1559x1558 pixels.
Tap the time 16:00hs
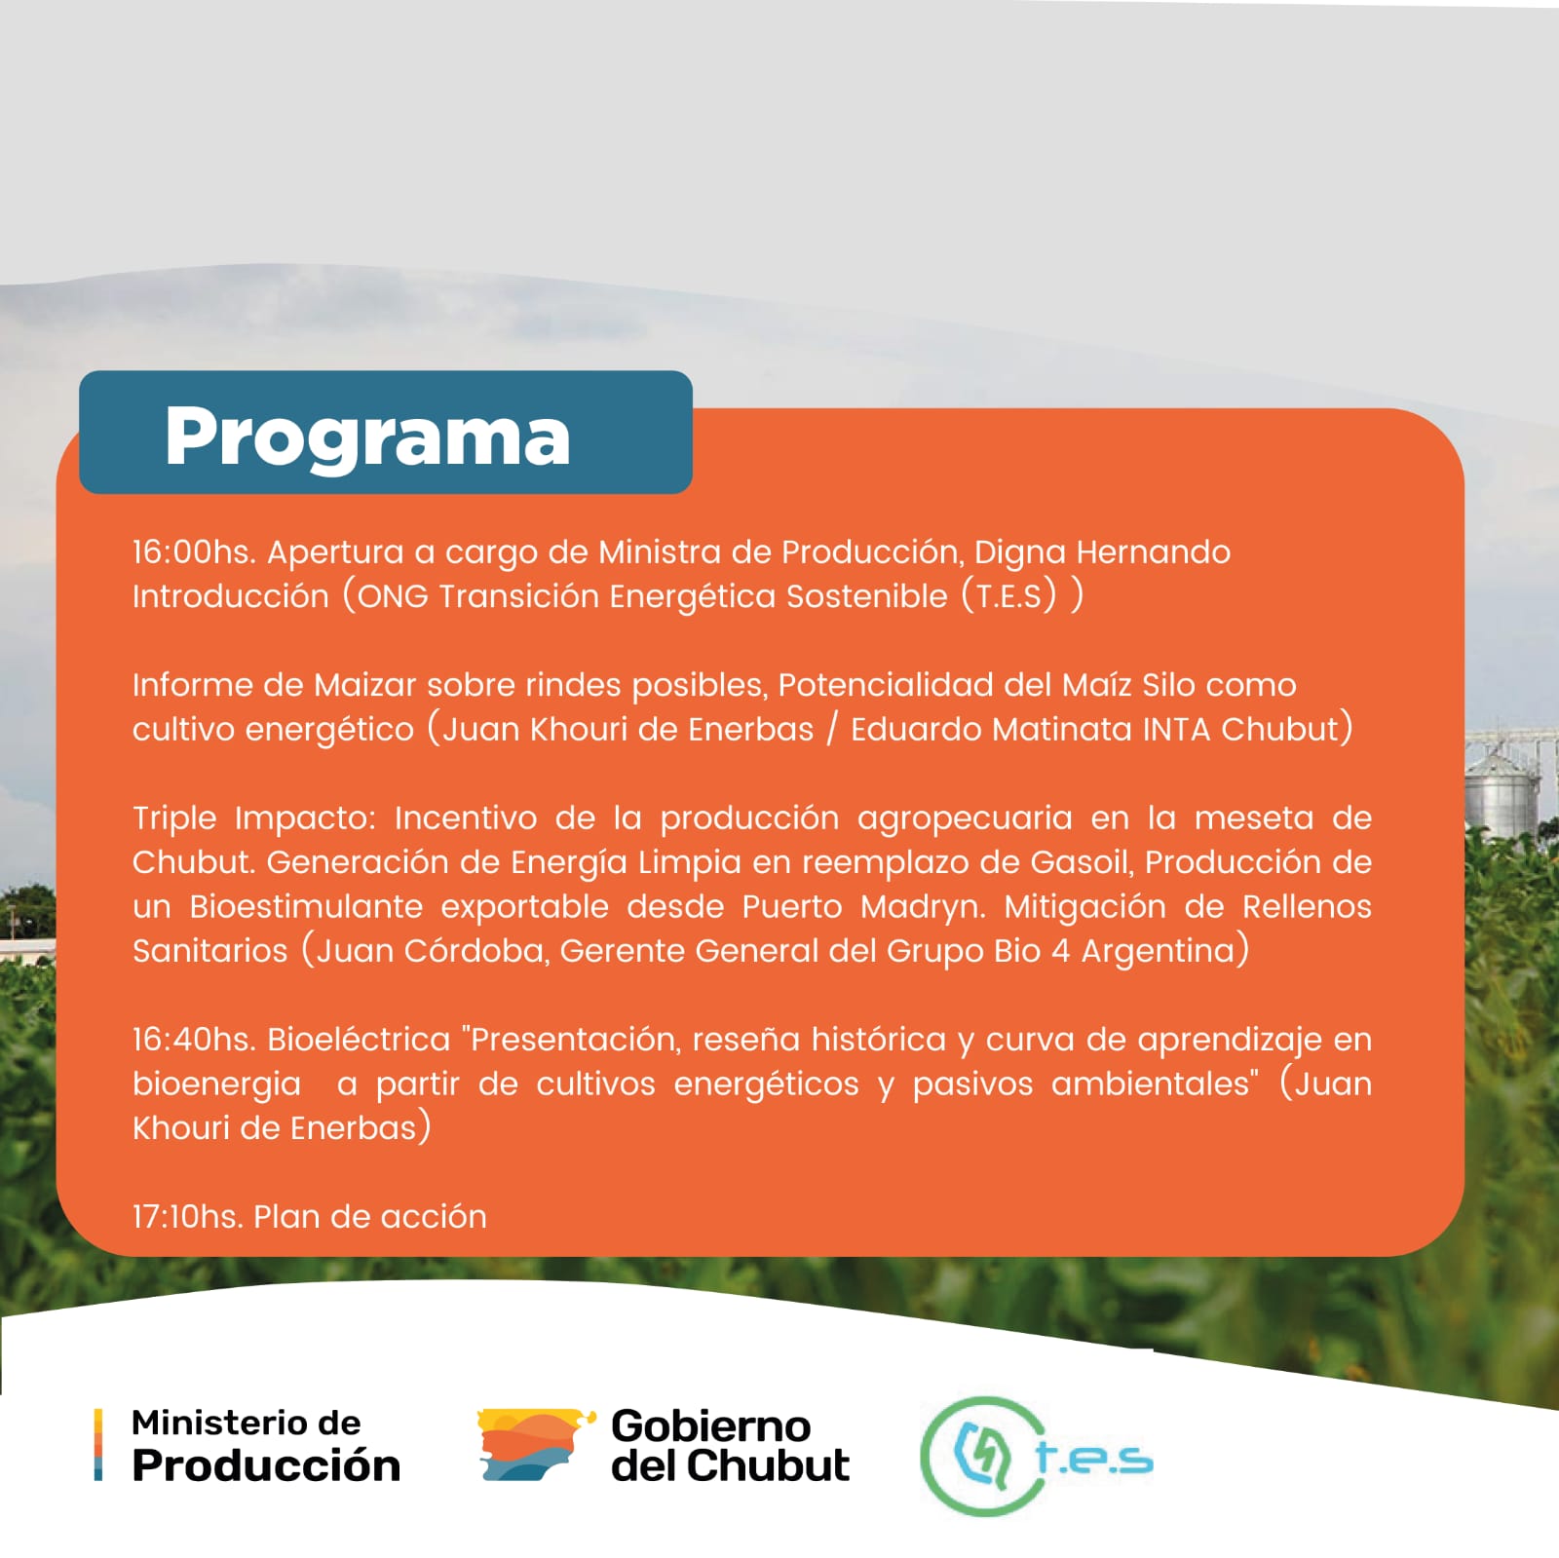194,552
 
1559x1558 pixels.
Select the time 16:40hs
194,1040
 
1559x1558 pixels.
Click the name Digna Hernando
1102,553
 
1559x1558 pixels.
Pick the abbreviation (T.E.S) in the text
1008,596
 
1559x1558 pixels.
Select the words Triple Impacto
254,819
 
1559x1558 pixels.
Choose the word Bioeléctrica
359,1040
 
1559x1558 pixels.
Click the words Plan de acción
370,1217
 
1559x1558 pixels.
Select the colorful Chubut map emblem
535,1445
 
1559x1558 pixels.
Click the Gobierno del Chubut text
730,1447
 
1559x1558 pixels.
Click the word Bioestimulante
306,907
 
